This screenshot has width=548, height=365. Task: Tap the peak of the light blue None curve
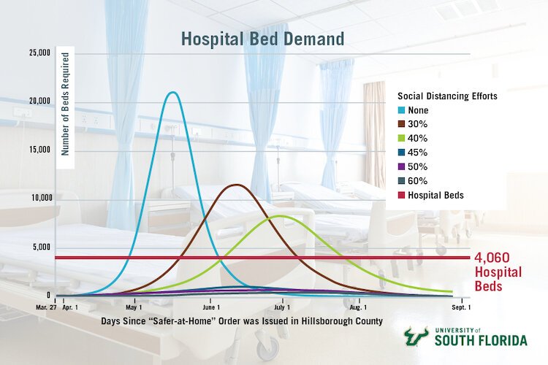click(172, 93)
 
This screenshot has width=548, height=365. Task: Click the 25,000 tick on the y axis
click(39, 53)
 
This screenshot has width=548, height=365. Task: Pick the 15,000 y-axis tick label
click(39, 150)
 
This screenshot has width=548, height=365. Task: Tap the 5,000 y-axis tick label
click(42, 247)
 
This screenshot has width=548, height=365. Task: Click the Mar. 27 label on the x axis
click(45, 308)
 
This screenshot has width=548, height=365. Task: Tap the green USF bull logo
click(419, 336)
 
